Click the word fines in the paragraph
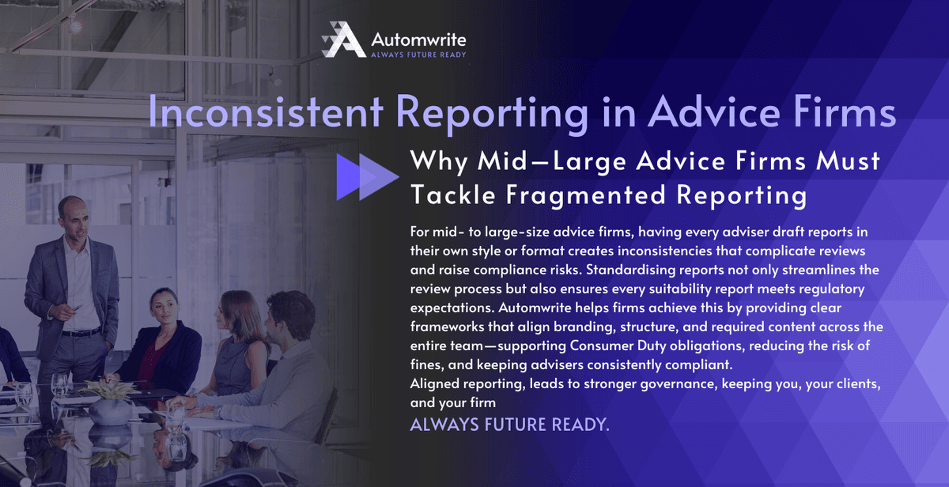[x=426, y=364]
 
